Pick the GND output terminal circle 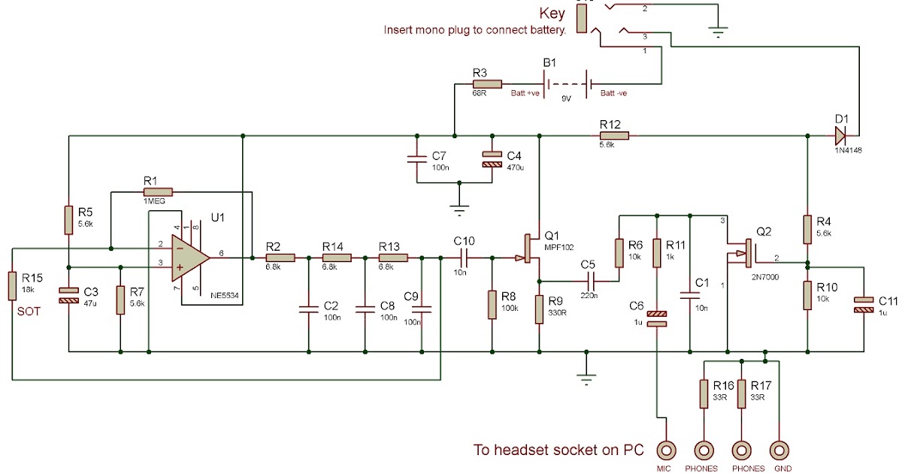point(781,450)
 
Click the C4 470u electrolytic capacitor point(492,160)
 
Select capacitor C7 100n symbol point(416,160)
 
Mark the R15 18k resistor point(12,285)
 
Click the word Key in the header point(552,14)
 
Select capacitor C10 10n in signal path point(465,258)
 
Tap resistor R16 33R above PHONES point(704,393)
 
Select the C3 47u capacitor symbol point(68,296)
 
